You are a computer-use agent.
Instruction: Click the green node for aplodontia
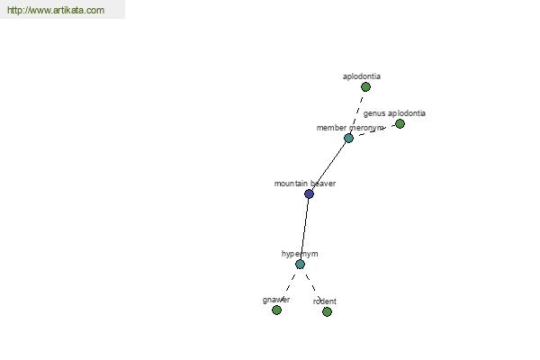click(365, 86)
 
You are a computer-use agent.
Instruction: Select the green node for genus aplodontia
click(400, 123)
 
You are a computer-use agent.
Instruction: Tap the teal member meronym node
click(348, 138)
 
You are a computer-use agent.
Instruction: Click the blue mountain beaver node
click(309, 193)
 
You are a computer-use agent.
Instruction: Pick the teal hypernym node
click(300, 265)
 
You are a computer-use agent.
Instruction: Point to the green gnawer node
click(276, 310)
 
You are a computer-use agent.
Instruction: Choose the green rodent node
click(328, 311)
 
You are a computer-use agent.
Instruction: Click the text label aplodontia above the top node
click(362, 76)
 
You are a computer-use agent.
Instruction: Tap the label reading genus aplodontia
click(394, 113)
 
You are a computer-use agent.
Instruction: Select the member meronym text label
click(349, 128)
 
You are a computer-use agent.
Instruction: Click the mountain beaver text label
click(305, 184)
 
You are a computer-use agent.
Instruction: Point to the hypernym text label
click(300, 254)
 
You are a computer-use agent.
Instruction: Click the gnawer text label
click(276, 300)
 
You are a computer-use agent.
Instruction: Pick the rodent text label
click(324, 301)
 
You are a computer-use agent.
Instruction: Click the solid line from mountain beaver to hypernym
click(304, 229)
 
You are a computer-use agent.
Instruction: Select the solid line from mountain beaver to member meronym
click(328, 166)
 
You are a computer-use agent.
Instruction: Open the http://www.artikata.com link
click(56, 10)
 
